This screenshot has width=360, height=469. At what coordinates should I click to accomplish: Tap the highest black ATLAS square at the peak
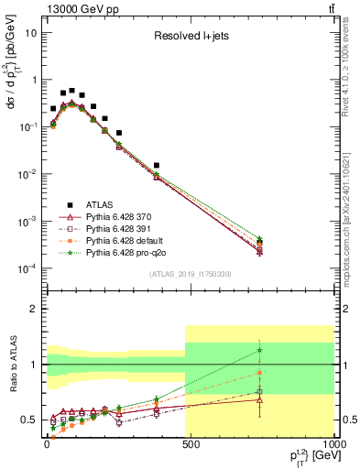tap(72, 91)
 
